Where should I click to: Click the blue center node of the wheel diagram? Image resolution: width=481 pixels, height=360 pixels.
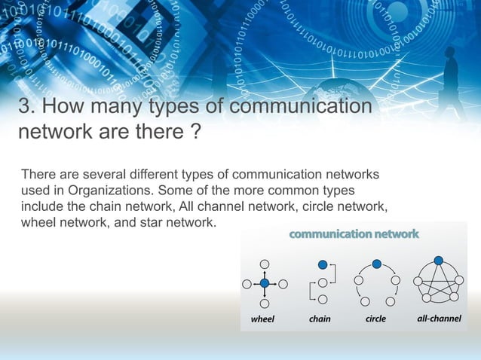265,283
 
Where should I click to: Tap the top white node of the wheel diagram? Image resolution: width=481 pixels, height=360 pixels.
265,264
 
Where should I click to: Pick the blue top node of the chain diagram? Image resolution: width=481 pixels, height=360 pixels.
323,264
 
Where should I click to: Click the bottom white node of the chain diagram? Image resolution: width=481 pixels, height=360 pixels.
323,301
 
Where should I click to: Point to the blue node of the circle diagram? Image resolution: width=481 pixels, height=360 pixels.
377,264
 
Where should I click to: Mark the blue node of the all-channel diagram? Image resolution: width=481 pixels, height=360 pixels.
440,264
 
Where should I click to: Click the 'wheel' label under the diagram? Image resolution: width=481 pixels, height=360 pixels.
262,319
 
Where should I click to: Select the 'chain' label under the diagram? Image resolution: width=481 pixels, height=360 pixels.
320,319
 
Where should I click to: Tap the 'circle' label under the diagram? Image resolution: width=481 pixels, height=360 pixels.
375,319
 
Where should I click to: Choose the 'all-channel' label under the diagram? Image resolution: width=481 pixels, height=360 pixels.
439,319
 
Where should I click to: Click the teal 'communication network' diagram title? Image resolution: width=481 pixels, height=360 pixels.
354,234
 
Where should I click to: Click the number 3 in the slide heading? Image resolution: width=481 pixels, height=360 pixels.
25,108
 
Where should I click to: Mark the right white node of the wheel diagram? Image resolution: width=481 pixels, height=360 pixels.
283,284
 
